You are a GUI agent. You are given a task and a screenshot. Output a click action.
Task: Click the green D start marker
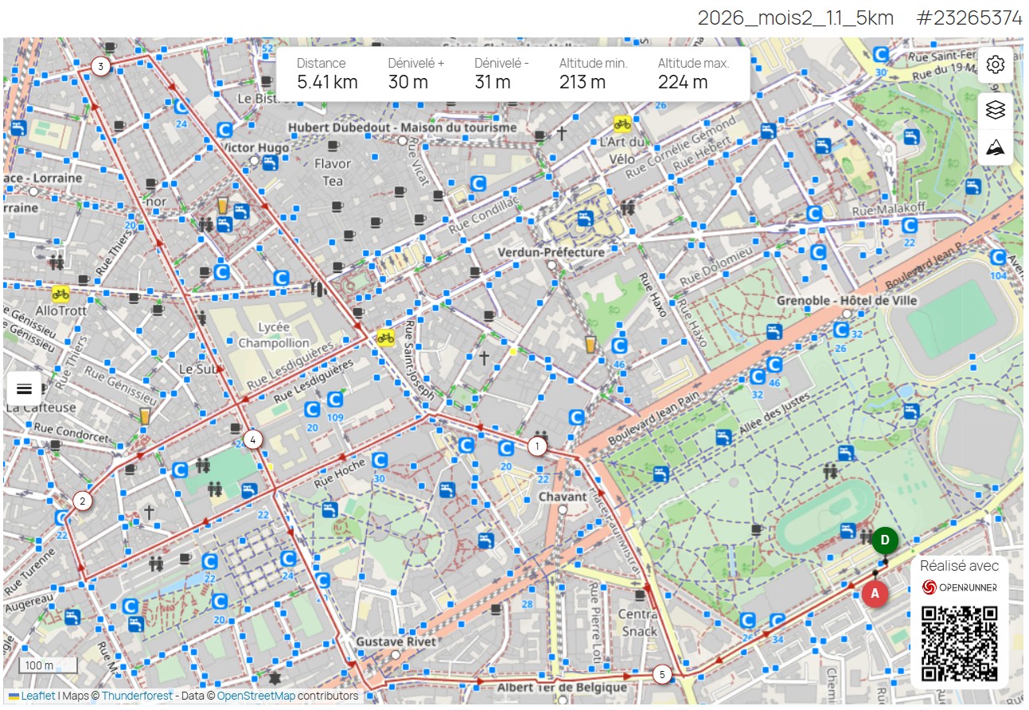885,540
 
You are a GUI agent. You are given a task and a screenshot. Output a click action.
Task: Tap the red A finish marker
875,594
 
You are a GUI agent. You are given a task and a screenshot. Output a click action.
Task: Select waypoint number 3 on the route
100,66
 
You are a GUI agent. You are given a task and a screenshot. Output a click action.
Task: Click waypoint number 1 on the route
537,446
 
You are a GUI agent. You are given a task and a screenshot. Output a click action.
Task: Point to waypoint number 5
661,675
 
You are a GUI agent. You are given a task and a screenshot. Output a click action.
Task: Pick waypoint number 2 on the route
81,501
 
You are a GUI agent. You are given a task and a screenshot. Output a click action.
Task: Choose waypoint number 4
252,439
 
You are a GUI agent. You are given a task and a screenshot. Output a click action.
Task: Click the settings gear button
995,64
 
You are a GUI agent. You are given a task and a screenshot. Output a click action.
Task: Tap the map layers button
995,110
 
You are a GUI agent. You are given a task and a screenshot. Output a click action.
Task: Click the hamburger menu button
24,388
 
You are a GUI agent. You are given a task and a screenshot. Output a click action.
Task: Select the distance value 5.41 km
327,82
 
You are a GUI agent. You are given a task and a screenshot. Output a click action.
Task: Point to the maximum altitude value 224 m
682,82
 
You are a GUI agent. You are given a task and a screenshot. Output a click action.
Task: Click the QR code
959,643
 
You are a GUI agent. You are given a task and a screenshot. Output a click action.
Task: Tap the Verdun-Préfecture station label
551,252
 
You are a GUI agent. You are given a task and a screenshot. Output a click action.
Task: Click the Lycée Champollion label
273,334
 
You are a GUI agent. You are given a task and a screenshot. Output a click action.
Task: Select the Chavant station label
563,497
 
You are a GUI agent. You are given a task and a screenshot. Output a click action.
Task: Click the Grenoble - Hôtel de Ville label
847,301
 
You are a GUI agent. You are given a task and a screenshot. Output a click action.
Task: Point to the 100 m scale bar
48,665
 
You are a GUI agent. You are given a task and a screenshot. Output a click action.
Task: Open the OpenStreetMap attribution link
255,696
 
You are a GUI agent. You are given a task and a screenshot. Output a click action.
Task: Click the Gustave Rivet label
396,642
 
